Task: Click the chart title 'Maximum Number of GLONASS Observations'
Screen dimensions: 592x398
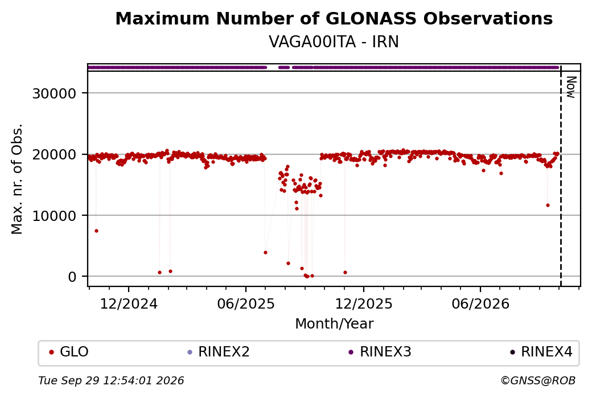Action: pos(334,18)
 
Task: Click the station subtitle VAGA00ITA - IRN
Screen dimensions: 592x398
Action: pos(334,42)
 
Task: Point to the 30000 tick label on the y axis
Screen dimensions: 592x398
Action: pos(55,93)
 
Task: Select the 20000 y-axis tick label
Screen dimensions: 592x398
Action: pos(55,154)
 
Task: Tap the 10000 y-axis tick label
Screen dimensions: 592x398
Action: pos(55,216)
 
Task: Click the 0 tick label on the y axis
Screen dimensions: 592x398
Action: pos(72,277)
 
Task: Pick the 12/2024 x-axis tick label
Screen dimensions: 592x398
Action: pos(129,303)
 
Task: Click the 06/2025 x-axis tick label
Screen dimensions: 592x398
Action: pos(246,303)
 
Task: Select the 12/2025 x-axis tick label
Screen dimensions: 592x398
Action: pos(364,303)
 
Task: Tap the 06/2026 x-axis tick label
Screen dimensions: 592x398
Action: pos(480,303)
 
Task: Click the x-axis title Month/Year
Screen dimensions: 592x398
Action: pos(334,323)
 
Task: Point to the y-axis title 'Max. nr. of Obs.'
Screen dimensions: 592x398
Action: pos(17,179)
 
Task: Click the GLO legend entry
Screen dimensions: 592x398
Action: pos(69,352)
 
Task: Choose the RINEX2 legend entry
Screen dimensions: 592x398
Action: pos(219,352)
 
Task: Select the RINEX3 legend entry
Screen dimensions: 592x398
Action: pos(380,352)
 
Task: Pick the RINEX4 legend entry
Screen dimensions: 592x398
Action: pos(541,352)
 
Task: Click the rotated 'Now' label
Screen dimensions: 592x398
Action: pos(571,87)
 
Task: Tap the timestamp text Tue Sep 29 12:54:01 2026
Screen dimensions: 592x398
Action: pos(111,380)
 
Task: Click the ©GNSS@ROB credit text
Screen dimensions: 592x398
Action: pos(538,380)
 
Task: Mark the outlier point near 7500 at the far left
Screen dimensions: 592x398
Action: pos(96,231)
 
